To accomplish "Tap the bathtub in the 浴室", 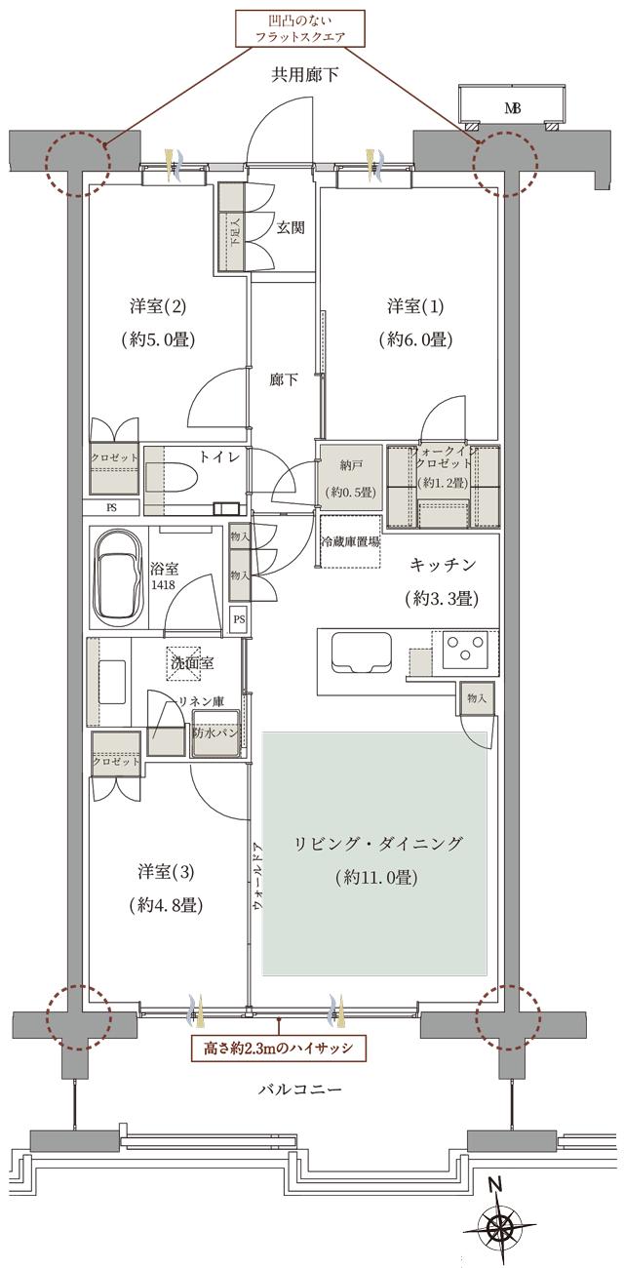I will tap(118, 579).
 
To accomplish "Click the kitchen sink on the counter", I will tap(361, 652).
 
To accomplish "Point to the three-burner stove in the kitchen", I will tap(465, 650).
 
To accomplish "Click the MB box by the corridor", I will tap(512, 107).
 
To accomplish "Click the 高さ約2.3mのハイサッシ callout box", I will tap(281, 1049).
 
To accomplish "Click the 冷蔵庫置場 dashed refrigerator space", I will tap(350, 543).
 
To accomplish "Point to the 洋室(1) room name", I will tap(415, 307).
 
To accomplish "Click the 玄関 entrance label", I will tap(290, 228).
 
